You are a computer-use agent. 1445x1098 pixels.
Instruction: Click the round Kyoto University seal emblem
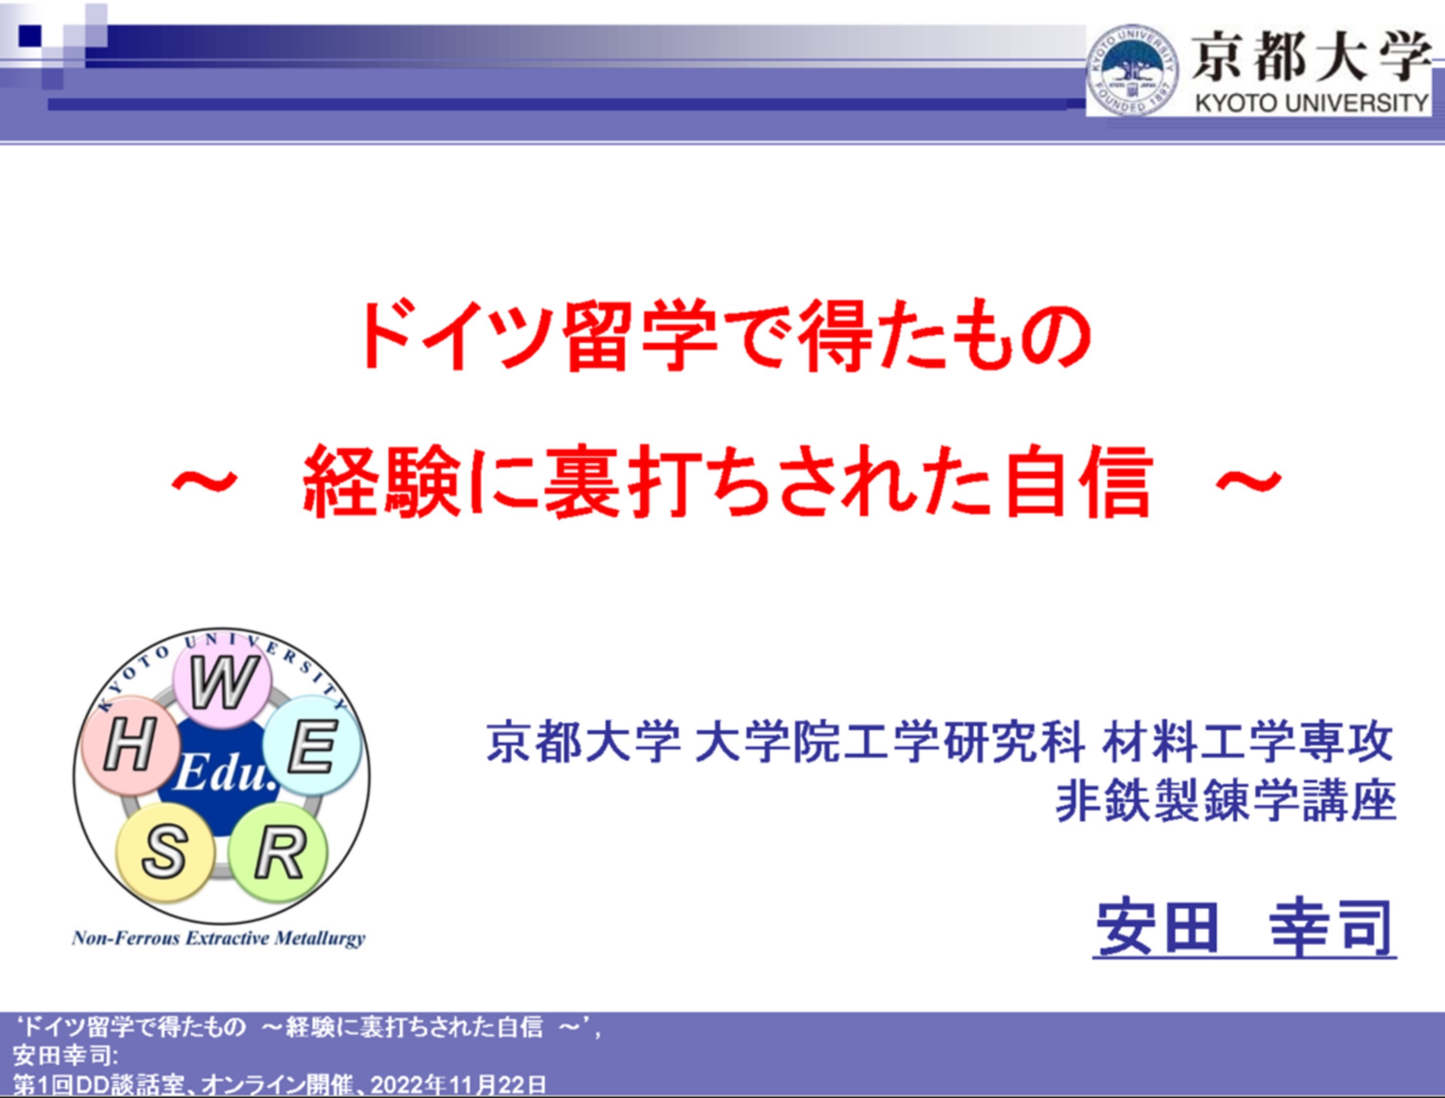pos(1133,71)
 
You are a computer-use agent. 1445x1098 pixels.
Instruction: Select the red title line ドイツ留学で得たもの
pos(725,337)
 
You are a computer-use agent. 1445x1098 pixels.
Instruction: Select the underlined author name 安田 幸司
pos(1245,929)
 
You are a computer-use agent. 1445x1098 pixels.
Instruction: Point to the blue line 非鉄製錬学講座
pos(1226,801)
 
